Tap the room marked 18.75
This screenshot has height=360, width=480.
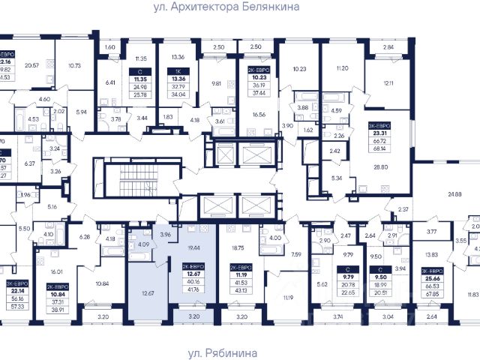pos(238,247)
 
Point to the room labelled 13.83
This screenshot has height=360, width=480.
pos(430,256)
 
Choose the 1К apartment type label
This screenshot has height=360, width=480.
pos(178,67)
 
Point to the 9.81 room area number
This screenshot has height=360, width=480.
pos(217,83)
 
